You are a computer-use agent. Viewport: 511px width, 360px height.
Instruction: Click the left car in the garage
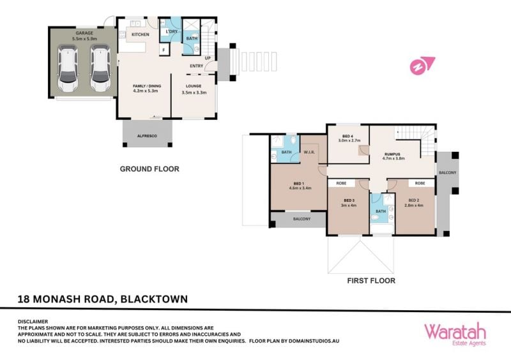(68, 68)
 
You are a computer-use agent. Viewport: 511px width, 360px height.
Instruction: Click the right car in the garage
(100, 68)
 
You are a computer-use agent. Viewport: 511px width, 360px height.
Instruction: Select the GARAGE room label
(84, 33)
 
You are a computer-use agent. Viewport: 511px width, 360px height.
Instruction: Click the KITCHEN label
(141, 34)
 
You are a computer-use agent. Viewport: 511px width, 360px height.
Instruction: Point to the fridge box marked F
(164, 50)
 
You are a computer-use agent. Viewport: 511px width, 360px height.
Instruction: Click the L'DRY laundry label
(172, 32)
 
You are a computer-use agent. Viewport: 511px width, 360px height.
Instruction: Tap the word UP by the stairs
(208, 58)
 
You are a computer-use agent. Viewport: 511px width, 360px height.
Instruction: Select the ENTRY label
(197, 66)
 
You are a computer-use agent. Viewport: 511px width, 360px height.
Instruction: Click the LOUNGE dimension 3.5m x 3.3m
(194, 93)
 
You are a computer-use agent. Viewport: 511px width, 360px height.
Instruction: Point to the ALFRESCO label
(148, 136)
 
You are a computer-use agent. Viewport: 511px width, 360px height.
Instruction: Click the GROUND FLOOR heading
(149, 169)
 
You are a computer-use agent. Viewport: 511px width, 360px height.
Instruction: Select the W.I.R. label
(309, 152)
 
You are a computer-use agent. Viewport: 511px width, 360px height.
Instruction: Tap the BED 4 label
(347, 136)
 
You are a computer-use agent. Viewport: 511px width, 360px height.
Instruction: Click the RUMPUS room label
(392, 154)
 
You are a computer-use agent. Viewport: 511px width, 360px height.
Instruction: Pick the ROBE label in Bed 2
(420, 183)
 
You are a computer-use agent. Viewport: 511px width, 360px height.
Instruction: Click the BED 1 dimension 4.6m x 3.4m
(300, 188)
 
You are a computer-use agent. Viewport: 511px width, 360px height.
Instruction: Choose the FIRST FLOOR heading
(371, 281)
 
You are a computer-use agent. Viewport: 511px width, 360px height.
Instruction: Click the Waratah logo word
(455, 332)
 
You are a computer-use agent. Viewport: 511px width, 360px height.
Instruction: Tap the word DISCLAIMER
(33, 322)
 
